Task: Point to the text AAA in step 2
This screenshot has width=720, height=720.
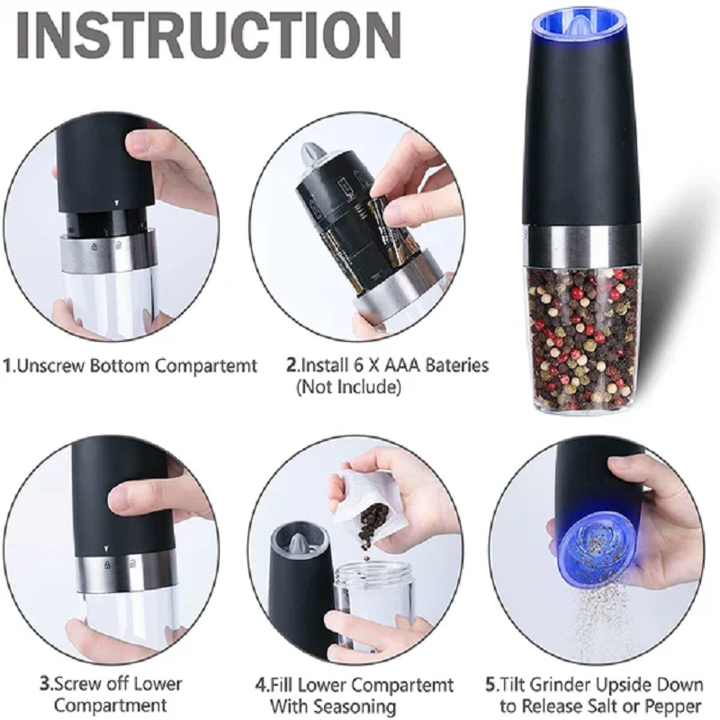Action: [403, 366]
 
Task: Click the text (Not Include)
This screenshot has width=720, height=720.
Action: [348, 387]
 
